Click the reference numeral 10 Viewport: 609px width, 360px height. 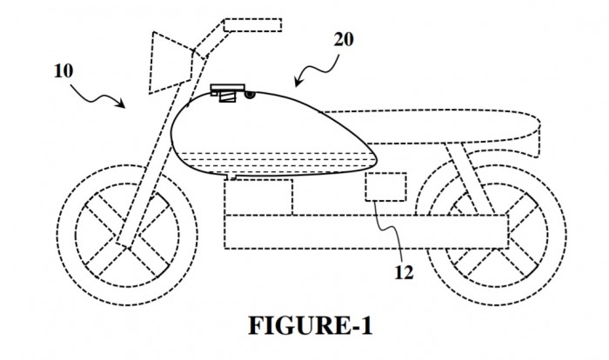[64, 71]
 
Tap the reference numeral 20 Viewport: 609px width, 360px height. [344, 40]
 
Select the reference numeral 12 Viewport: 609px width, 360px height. [404, 272]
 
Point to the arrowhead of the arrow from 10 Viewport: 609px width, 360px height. [121, 103]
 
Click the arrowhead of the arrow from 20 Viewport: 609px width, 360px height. [298, 82]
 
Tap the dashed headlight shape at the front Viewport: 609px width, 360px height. [171, 63]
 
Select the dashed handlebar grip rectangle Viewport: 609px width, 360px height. [252, 25]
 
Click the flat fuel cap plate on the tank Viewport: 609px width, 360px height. [228, 87]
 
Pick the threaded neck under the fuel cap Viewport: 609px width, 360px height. [227, 97]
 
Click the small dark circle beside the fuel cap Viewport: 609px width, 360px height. [250, 95]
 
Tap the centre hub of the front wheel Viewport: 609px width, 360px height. [127, 236]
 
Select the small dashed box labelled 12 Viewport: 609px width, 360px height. [385, 187]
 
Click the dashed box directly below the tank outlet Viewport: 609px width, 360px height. [258, 197]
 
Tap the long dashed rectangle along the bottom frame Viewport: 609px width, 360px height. [366, 231]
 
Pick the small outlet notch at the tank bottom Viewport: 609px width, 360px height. [231, 177]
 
